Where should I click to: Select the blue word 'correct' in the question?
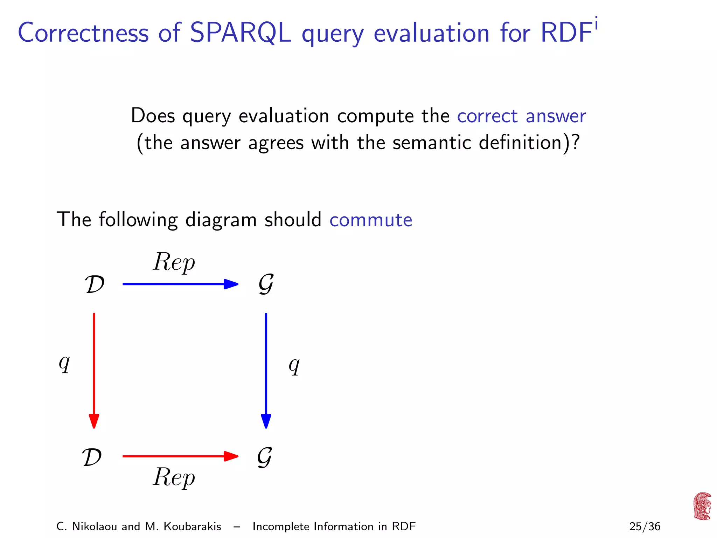[x=487, y=116]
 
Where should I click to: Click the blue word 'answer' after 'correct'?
[x=556, y=116]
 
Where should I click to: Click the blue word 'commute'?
[x=371, y=220]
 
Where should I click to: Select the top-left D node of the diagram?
[x=95, y=284]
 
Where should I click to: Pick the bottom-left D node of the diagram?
[x=92, y=457]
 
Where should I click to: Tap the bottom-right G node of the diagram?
[x=265, y=457]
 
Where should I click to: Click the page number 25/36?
[x=645, y=526]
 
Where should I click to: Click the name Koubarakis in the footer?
[x=192, y=526]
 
